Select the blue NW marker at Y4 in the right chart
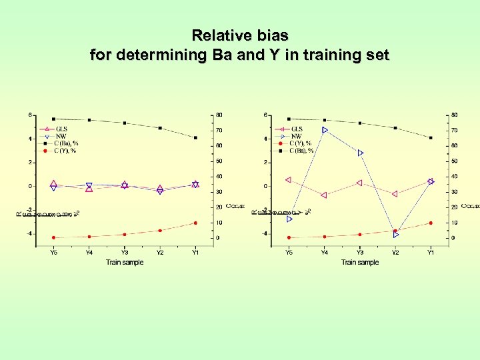(x=325, y=130)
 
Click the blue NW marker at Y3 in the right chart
(x=360, y=153)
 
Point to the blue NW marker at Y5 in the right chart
(x=289, y=219)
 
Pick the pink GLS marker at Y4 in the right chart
(x=324, y=195)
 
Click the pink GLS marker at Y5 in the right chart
(x=289, y=179)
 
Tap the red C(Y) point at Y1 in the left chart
(x=195, y=223)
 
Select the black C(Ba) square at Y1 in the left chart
(x=195, y=138)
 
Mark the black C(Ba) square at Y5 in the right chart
(x=289, y=119)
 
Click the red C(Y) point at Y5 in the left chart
(x=53, y=237)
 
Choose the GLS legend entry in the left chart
(x=61, y=129)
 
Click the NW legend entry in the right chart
(x=296, y=136)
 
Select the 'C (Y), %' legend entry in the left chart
(x=66, y=151)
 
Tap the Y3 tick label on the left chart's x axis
(x=124, y=253)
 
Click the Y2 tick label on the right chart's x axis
(x=395, y=253)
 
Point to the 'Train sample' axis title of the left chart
(x=124, y=262)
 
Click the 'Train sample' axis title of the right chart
(x=360, y=262)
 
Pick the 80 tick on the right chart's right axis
(x=455, y=115)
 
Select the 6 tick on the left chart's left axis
(x=29, y=115)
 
